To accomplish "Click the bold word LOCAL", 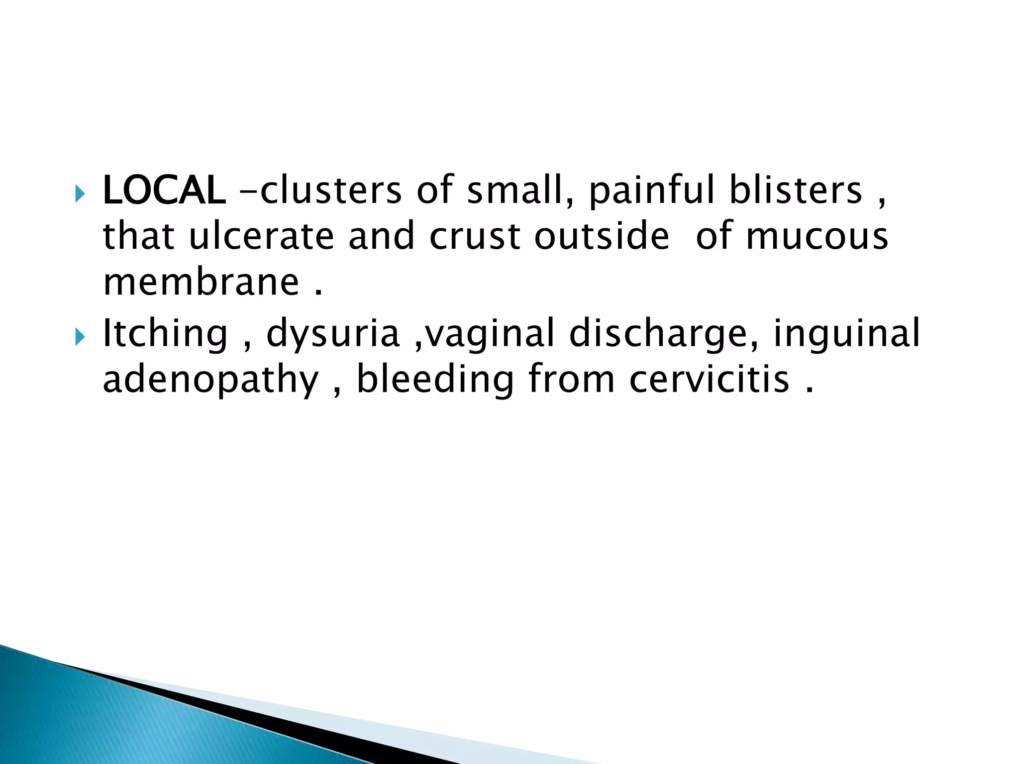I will (x=164, y=191).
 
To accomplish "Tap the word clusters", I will (x=331, y=191).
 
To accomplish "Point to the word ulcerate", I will (x=261, y=236).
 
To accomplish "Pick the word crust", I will (x=475, y=236).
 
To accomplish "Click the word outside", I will (x=602, y=236).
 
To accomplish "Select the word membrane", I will (x=201, y=282).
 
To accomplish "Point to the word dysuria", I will (x=333, y=334).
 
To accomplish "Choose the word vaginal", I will (x=490, y=334).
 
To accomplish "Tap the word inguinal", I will (x=846, y=334).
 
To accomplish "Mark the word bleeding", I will (x=435, y=380).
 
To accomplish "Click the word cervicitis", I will (x=709, y=380).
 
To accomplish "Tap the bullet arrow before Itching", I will (x=80, y=338).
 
